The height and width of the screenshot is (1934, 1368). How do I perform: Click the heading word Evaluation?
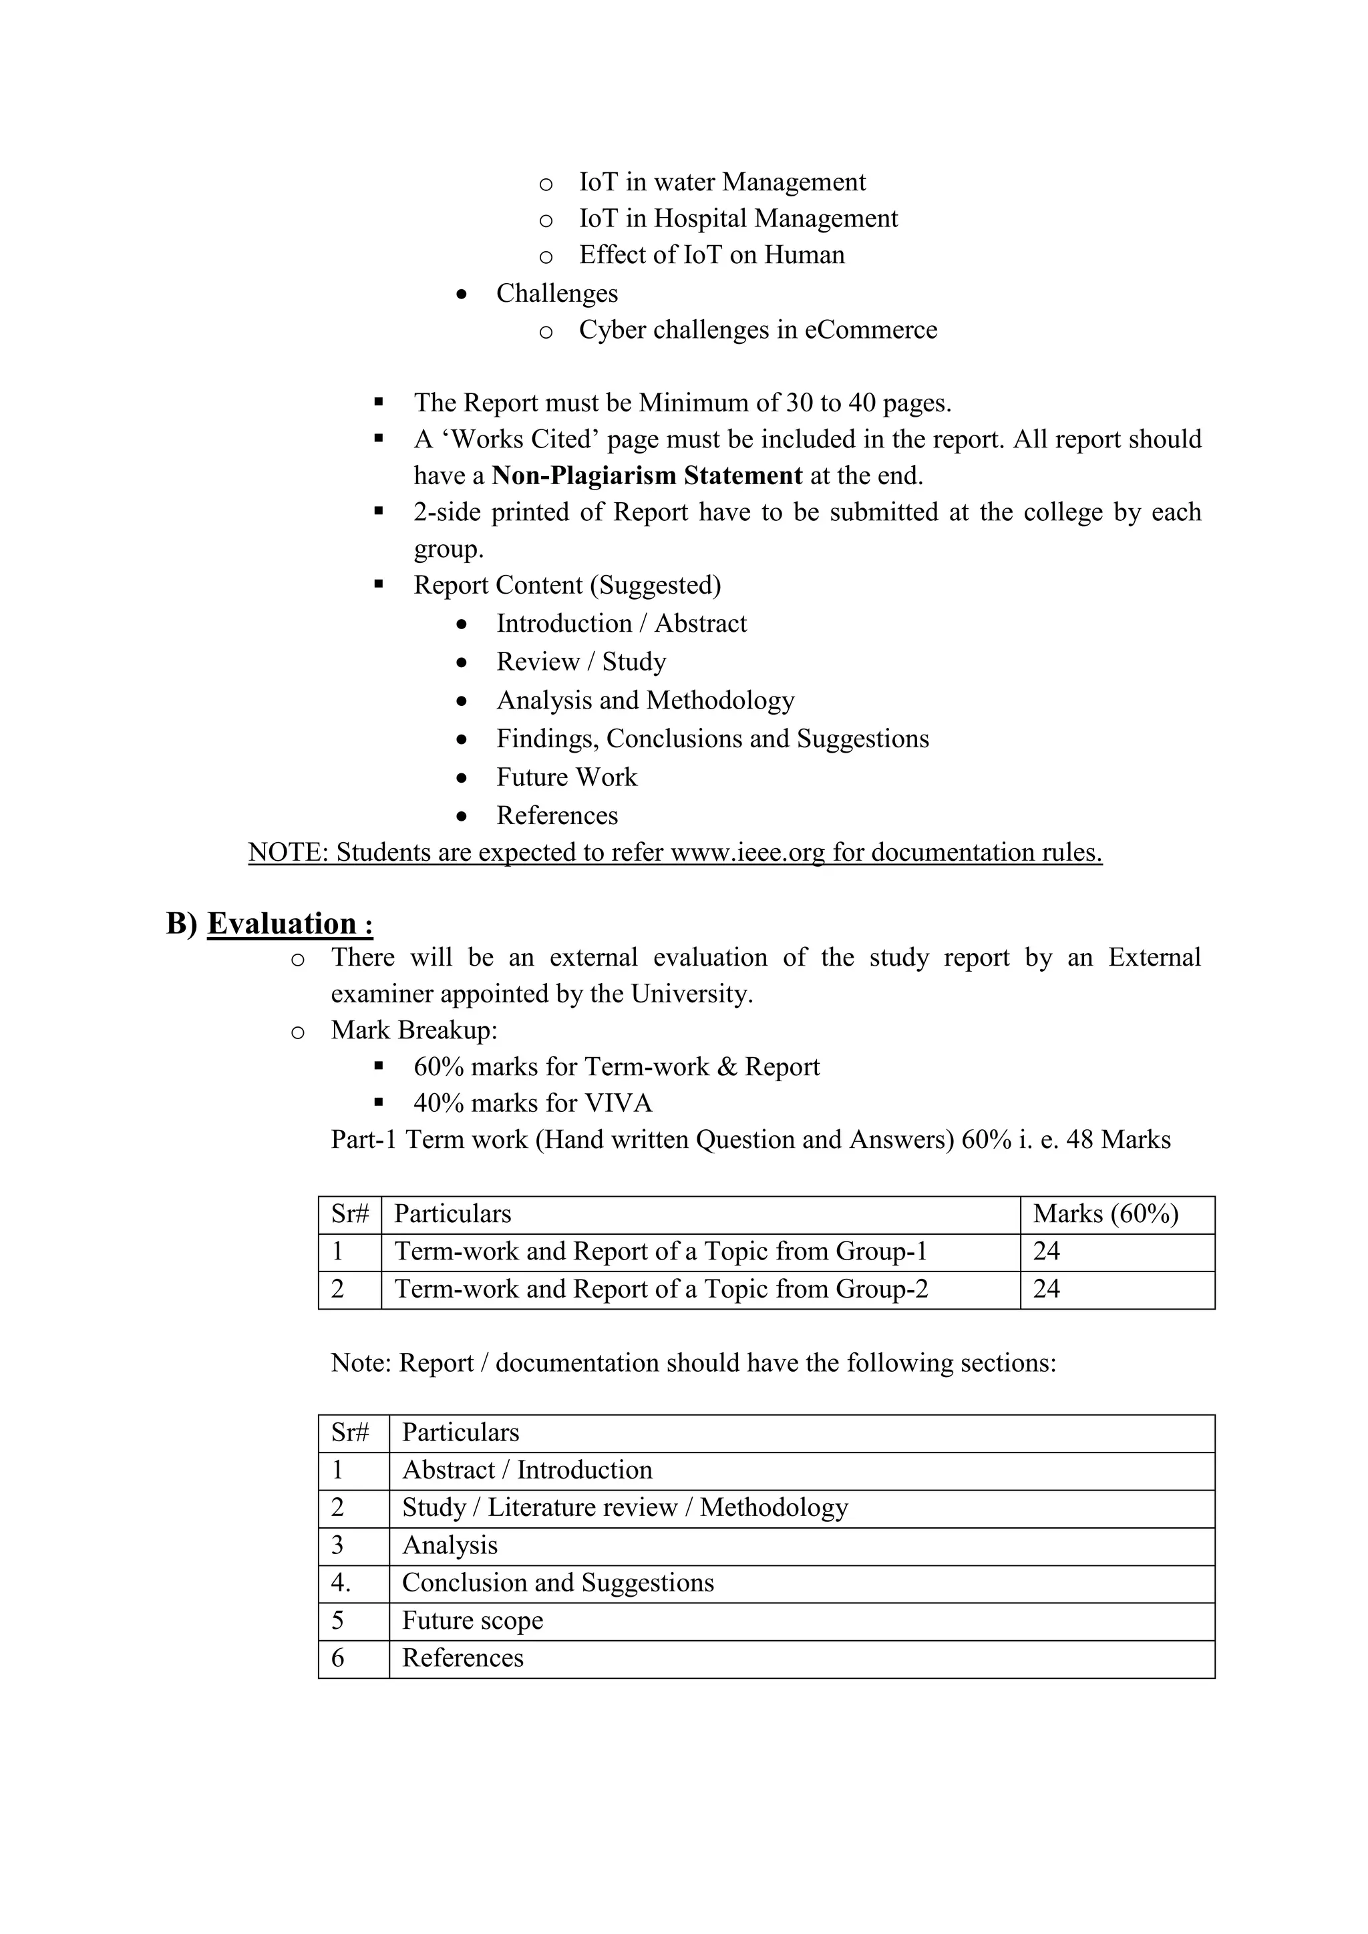[x=281, y=924]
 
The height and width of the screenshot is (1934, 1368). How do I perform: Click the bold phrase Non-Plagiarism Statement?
[x=646, y=476]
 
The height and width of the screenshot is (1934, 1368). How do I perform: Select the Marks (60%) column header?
[x=1105, y=1214]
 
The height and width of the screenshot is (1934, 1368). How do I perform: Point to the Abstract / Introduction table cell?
[x=526, y=1470]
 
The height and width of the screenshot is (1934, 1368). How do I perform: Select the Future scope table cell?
[x=472, y=1621]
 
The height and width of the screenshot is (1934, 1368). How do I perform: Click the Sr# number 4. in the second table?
[x=340, y=1583]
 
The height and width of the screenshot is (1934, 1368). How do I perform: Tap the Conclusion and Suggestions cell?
[x=558, y=1583]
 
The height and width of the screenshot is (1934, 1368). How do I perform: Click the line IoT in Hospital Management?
[x=738, y=219]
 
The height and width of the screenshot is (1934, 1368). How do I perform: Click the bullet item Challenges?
[x=557, y=293]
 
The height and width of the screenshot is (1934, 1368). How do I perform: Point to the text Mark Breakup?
[x=413, y=1030]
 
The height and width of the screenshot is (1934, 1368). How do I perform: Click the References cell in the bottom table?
[x=462, y=1659]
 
